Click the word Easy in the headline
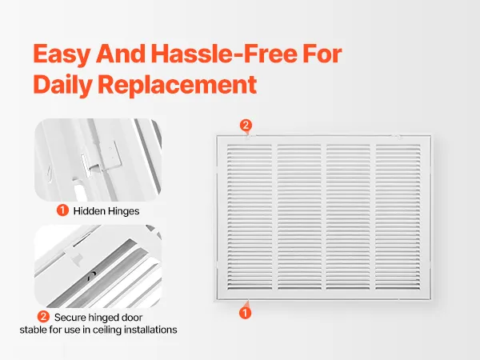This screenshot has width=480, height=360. click(62, 54)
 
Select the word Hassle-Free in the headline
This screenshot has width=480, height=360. click(224, 54)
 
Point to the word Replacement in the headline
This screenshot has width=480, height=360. click(177, 85)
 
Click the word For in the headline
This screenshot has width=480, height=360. click(322, 54)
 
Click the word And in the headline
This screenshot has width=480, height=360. click(121, 54)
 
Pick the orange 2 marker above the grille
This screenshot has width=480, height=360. click(246, 126)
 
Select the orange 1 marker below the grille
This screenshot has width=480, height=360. click(245, 313)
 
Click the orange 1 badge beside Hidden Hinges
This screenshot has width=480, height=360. click(62, 210)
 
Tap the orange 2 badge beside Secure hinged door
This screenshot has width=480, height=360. click(43, 317)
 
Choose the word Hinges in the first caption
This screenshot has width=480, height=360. click(124, 211)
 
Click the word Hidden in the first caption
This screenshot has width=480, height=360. click(90, 211)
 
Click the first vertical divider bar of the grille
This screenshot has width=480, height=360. click(274, 217)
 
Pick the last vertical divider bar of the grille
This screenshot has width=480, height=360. click(373, 217)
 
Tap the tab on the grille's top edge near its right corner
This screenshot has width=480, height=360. click(395, 136)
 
